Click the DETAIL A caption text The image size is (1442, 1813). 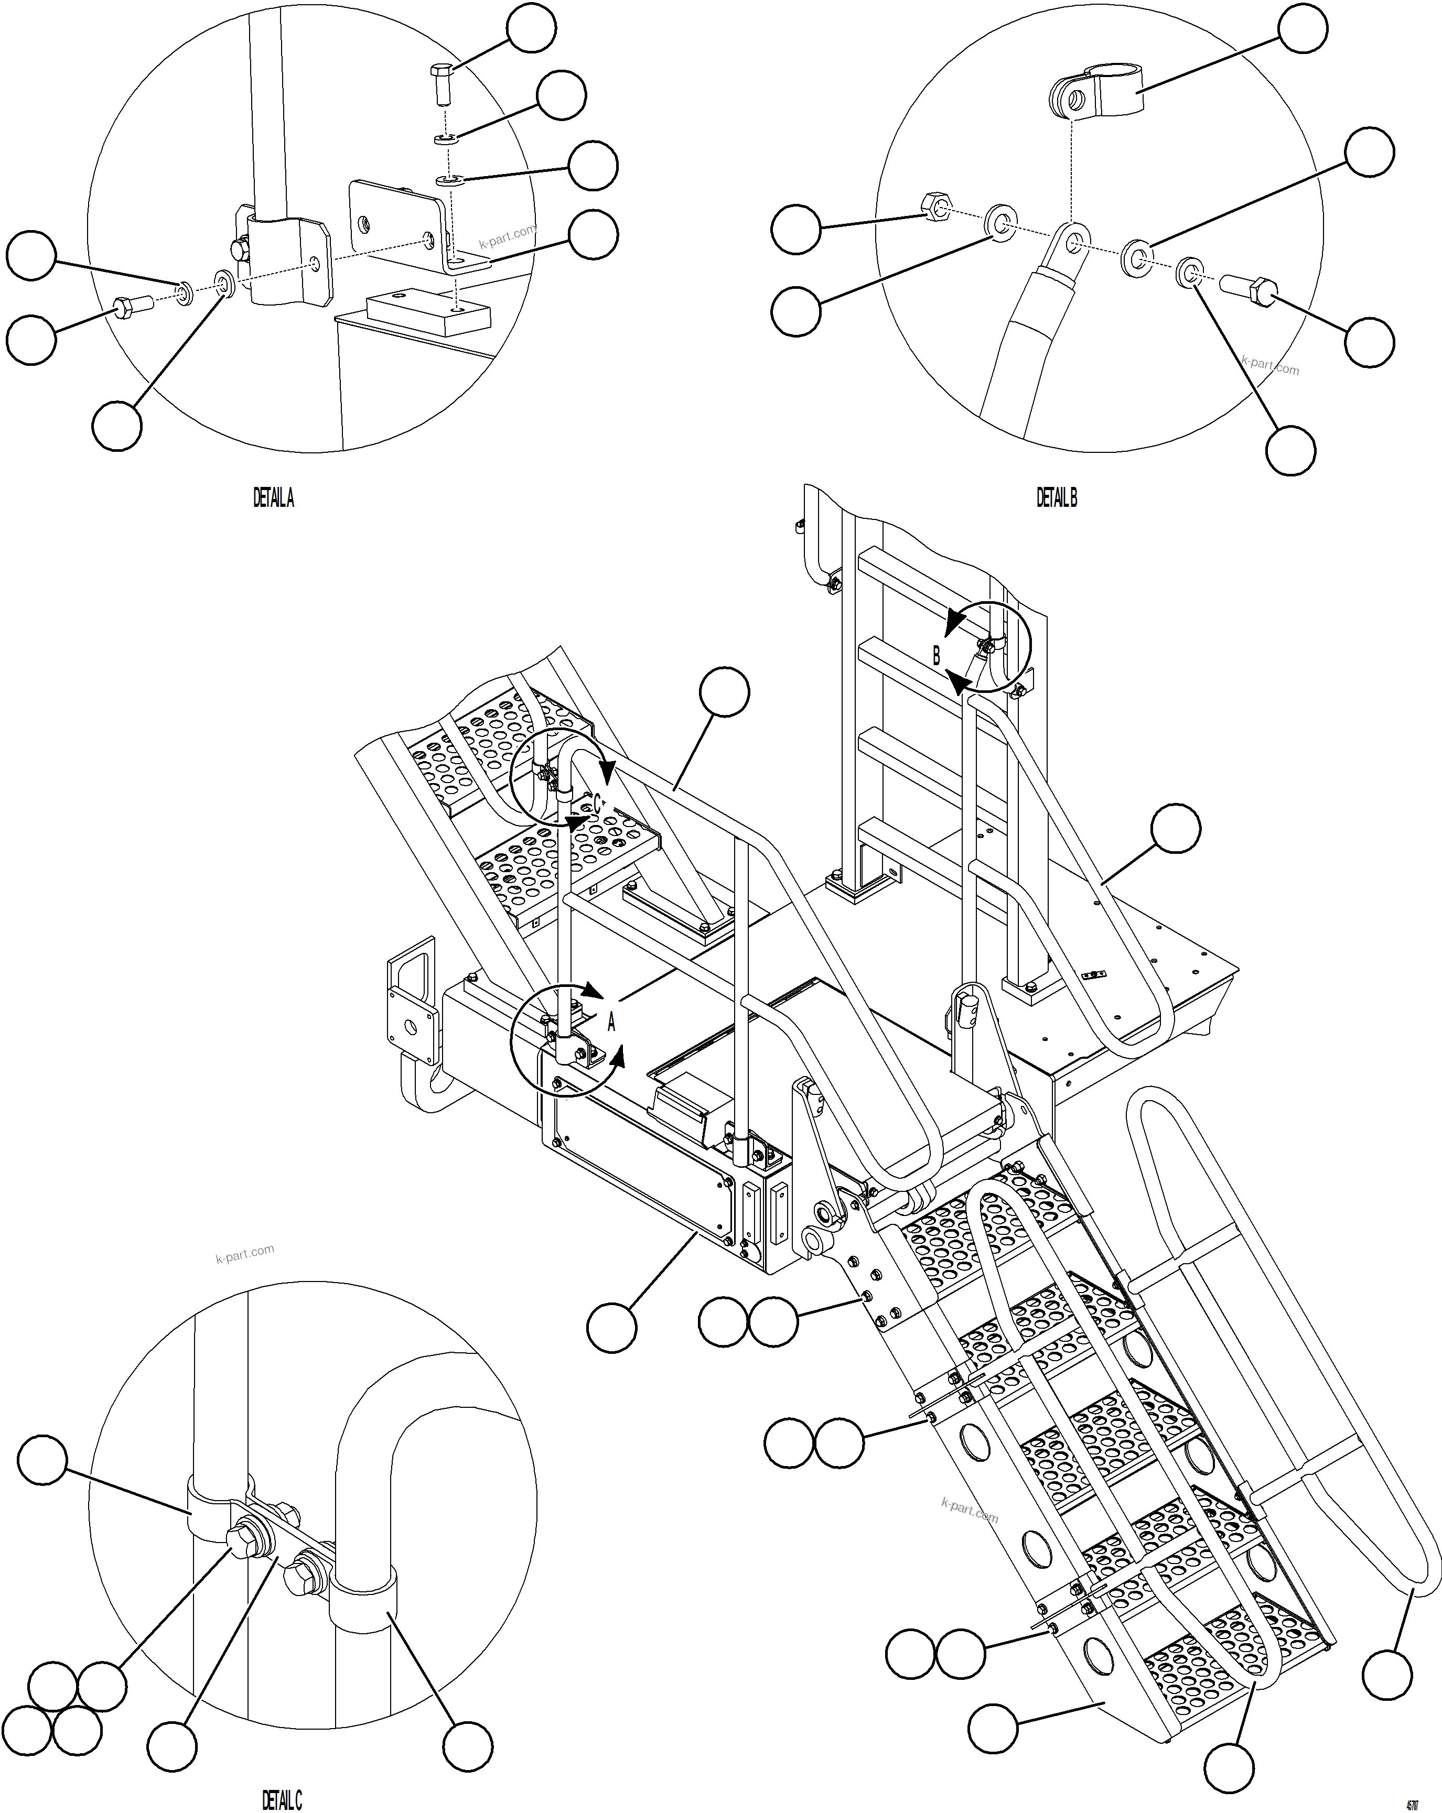point(273,498)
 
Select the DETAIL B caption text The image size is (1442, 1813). point(1056,498)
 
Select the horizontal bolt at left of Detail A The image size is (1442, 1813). point(131,307)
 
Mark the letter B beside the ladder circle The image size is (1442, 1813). point(937,656)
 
